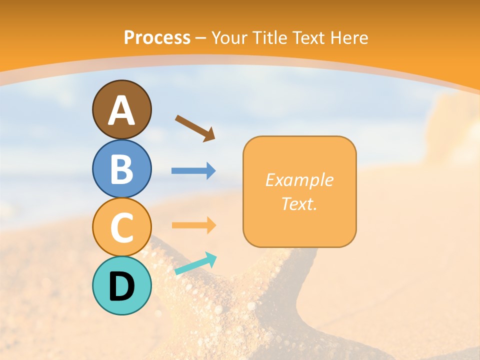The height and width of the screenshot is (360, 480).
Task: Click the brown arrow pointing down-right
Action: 194,128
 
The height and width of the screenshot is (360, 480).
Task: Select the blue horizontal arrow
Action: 193,171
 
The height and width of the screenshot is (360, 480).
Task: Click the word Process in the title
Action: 157,38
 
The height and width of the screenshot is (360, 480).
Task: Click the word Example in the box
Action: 299,180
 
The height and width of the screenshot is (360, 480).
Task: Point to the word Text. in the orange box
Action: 299,204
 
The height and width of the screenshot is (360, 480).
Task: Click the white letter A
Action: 122,110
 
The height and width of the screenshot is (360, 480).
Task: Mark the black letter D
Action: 122,286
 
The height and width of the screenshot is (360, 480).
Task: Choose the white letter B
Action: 122,169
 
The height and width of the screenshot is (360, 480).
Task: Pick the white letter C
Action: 122,227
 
